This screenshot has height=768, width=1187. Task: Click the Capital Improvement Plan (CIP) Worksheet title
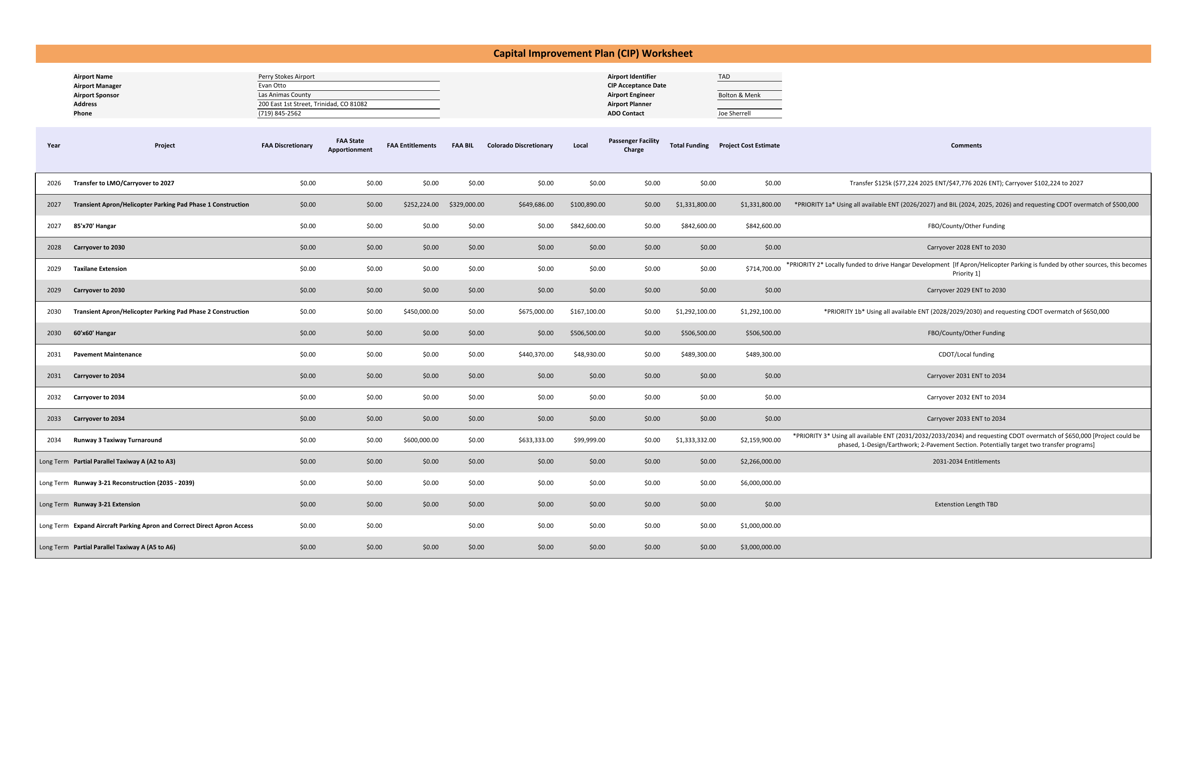pyautogui.click(x=593, y=54)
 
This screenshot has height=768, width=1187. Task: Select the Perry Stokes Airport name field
pyautogui.click(x=286, y=77)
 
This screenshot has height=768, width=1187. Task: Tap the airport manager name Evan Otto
pyautogui.click(x=272, y=86)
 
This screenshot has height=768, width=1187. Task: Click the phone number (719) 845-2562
pyautogui.click(x=279, y=114)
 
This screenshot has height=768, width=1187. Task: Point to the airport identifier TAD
pyautogui.click(x=724, y=77)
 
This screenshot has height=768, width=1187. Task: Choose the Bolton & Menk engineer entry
pyautogui.click(x=739, y=95)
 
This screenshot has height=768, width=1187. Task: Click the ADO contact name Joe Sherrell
pyautogui.click(x=734, y=114)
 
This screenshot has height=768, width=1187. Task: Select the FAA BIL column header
pyautogui.click(x=462, y=146)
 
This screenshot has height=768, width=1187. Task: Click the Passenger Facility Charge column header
pyautogui.click(x=634, y=145)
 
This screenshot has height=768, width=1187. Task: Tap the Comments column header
pyautogui.click(x=966, y=146)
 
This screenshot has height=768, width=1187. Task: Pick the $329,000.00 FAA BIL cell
pyautogui.click(x=466, y=205)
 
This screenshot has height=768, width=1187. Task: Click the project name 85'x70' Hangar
pyautogui.click(x=95, y=226)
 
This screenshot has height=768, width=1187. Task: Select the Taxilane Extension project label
pyautogui.click(x=100, y=269)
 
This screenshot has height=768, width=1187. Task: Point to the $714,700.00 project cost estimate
pyautogui.click(x=763, y=269)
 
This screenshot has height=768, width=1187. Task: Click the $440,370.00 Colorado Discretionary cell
pyautogui.click(x=536, y=355)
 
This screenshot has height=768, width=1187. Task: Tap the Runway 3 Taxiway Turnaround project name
pyautogui.click(x=118, y=440)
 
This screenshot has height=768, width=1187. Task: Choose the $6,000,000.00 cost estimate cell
pyautogui.click(x=761, y=483)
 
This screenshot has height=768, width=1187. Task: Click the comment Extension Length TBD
pyautogui.click(x=966, y=505)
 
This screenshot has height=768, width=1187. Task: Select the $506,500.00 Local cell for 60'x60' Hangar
pyautogui.click(x=587, y=333)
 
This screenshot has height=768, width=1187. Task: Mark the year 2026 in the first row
pyautogui.click(x=54, y=183)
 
